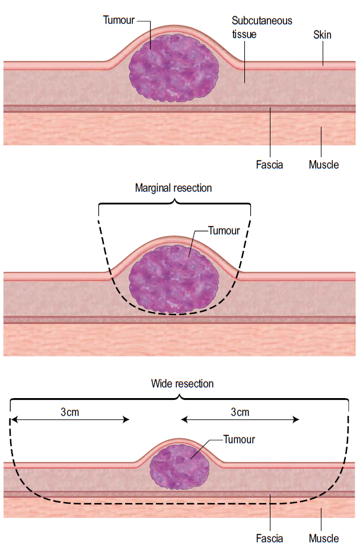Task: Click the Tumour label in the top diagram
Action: (x=119, y=20)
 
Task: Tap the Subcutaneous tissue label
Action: (x=262, y=27)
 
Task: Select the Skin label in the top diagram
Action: (x=322, y=35)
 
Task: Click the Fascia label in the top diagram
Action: (x=269, y=164)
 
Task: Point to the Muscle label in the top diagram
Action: (x=324, y=164)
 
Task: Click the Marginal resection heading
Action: (x=173, y=187)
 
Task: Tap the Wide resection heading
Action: (x=182, y=384)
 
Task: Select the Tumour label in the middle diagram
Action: (x=224, y=230)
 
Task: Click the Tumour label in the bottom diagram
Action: (x=239, y=440)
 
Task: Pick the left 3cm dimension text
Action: (x=70, y=412)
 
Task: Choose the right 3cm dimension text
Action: (x=240, y=412)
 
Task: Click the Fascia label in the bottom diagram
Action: (x=269, y=539)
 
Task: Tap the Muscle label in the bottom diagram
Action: (x=324, y=539)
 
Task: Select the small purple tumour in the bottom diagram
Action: (x=178, y=466)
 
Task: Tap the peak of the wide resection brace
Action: (x=179, y=396)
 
